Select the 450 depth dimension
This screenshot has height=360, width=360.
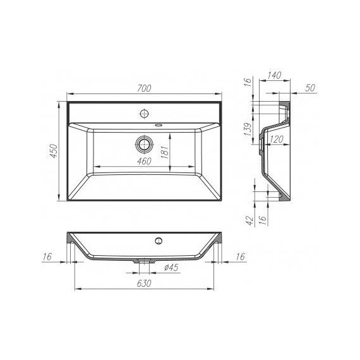(x=55, y=152)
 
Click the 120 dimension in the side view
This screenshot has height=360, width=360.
(x=275, y=138)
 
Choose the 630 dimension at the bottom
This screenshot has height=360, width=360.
(x=145, y=284)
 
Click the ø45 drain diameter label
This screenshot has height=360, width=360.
(x=169, y=268)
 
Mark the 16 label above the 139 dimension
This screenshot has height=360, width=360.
(x=248, y=81)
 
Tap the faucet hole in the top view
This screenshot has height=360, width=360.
(x=145, y=114)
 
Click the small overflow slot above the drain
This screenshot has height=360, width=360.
(x=156, y=125)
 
